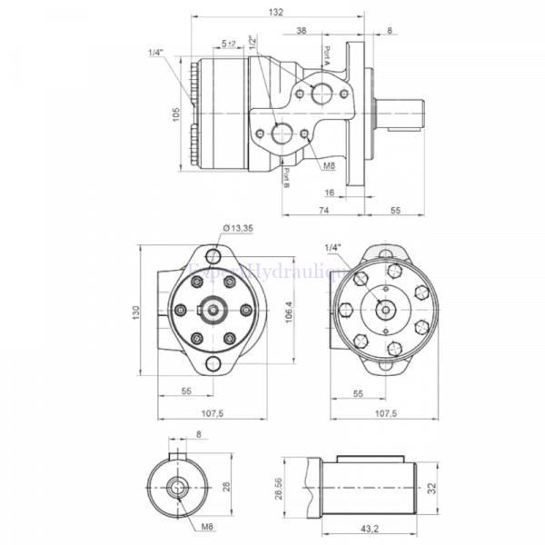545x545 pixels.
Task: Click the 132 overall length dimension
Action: [x=277, y=12]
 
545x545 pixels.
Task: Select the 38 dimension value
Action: [x=301, y=31]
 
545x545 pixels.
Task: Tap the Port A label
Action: [x=323, y=57]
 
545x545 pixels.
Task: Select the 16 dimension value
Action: [x=330, y=193]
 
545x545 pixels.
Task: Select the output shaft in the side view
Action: [x=404, y=113]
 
